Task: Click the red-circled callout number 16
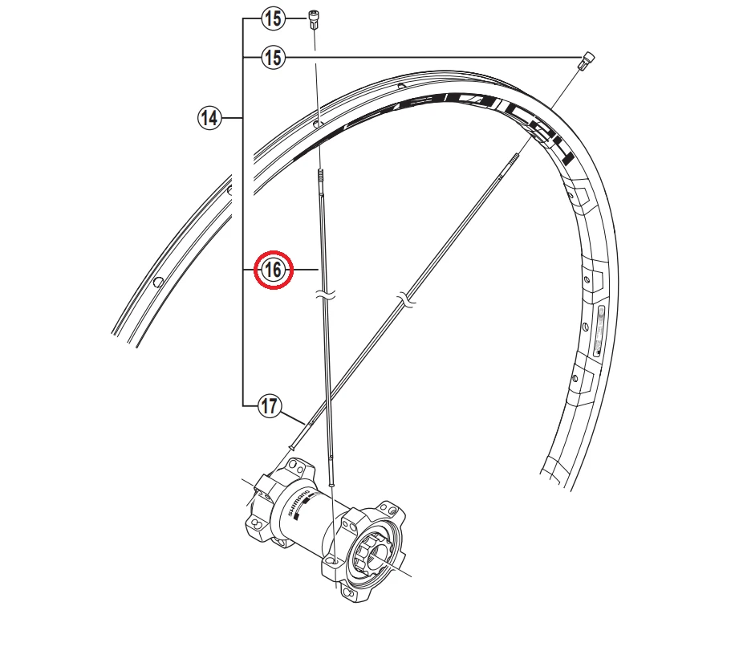point(274,271)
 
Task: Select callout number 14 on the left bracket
point(209,119)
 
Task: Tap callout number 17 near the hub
point(269,407)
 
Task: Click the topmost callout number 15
point(274,16)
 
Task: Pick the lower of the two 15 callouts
point(274,56)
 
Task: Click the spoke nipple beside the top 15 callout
point(315,18)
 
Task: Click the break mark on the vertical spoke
point(325,297)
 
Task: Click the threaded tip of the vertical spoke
point(321,176)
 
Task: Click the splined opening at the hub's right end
point(374,555)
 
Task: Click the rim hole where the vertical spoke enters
point(318,124)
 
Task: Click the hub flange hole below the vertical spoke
point(331,557)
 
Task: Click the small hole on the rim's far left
point(159,282)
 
